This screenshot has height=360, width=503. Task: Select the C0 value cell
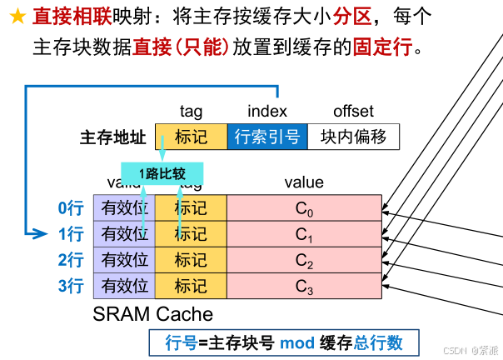pyautogui.click(x=304, y=208)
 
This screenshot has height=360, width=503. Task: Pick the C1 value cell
pyautogui.click(x=304, y=234)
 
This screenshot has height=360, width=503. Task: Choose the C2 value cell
pyautogui.click(x=304, y=260)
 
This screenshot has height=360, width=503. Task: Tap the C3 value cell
pyautogui.click(x=304, y=287)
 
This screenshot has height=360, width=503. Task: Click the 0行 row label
pyautogui.click(x=70, y=208)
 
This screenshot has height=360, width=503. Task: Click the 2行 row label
pyautogui.click(x=70, y=260)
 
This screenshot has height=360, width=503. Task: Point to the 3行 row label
pyautogui.click(x=70, y=287)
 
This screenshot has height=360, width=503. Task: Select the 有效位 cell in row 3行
pyautogui.click(x=124, y=287)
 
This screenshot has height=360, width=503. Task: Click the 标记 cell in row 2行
pyautogui.click(x=191, y=260)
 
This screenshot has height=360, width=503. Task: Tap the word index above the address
pyautogui.click(x=266, y=111)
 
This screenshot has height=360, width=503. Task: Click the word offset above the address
pyautogui.click(x=353, y=111)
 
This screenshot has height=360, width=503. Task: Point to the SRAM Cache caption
pyautogui.click(x=152, y=314)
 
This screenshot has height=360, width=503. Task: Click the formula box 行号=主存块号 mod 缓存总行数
pyautogui.click(x=284, y=342)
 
